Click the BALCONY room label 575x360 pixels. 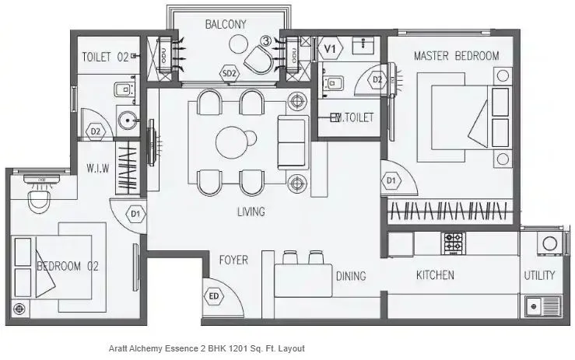click(226, 24)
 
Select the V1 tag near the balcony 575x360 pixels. click(331, 48)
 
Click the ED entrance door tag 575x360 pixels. click(213, 296)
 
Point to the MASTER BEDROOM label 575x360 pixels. click(456, 55)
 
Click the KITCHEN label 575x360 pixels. click(435, 275)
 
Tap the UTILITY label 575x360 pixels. click(539, 275)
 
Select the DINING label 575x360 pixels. click(350, 275)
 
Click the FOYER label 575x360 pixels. click(233, 260)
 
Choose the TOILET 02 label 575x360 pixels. click(104, 56)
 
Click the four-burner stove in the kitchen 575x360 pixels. click(453, 243)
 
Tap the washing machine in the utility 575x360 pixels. click(549, 243)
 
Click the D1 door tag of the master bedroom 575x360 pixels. click(392, 181)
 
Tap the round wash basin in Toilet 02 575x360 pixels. click(127, 120)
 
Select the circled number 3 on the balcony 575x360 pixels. click(266, 40)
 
